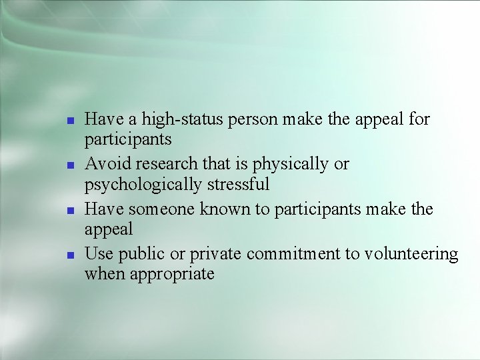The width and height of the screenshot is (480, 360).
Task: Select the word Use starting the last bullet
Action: (98, 255)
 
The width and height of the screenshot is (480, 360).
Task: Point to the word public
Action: (140, 255)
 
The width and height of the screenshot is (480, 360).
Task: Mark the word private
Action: (216, 255)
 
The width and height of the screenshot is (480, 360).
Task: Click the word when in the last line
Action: (100, 273)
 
